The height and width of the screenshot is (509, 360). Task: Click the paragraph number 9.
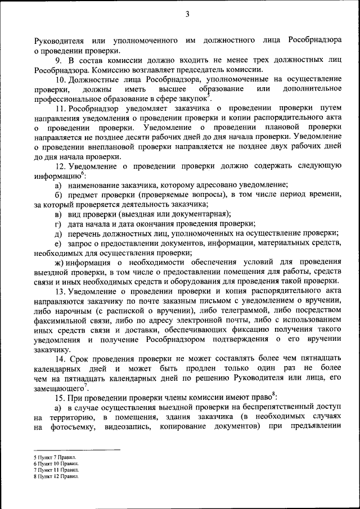click(x=58, y=61)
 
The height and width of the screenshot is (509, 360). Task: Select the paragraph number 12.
click(x=60, y=165)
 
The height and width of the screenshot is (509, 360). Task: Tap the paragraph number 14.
click(x=60, y=358)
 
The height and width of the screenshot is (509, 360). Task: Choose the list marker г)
click(x=57, y=223)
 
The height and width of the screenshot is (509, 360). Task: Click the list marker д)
click(x=57, y=233)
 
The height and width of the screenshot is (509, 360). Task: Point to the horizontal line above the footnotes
click(x=77, y=450)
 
